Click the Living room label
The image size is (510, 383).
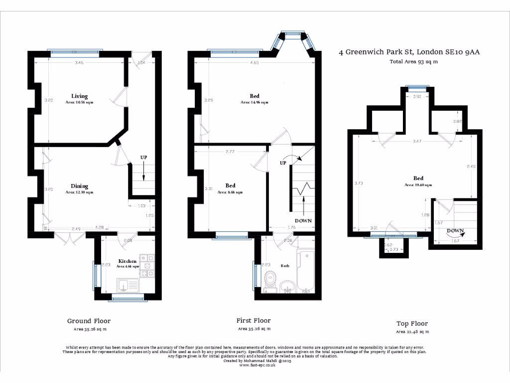click(x=79, y=96)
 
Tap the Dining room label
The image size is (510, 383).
click(x=79, y=187)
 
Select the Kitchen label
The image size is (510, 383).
click(x=127, y=261)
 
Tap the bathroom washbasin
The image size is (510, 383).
click(x=287, y=286)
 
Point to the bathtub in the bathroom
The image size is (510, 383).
click(x=305, y=272)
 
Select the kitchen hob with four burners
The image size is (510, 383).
click(x=148, y=265)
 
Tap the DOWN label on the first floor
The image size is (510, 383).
click(x=303, y=221)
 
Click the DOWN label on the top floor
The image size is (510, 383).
click(x=455, y=231)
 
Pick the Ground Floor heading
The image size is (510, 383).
click(x=89, y=321)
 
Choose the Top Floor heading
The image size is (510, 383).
click(x=412, y=324)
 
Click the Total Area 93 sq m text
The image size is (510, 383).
click(x=413, y=62)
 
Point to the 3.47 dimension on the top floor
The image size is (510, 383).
click(x=417, y=142)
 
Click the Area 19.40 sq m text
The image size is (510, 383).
click(x=418, y=185)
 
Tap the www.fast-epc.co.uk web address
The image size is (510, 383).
click(x=257, y=365)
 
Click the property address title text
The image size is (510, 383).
click(x=409, y=51)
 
